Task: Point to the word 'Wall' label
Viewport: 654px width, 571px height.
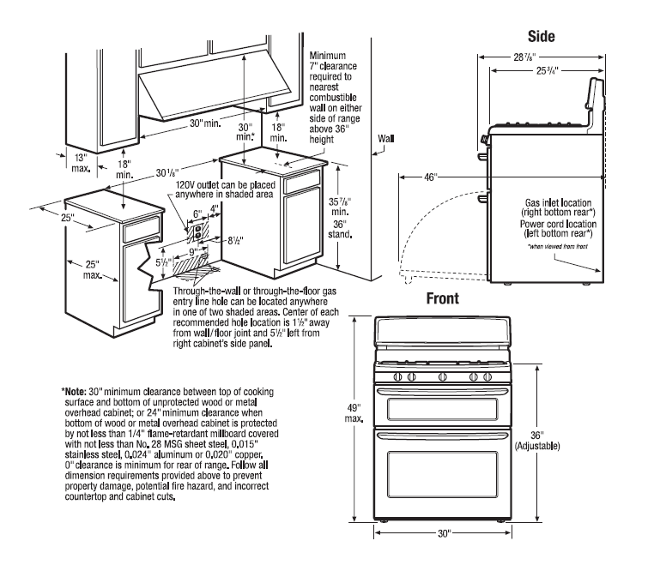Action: coord(386,137)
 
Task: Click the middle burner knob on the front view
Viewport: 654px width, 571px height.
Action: coord(442,377)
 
